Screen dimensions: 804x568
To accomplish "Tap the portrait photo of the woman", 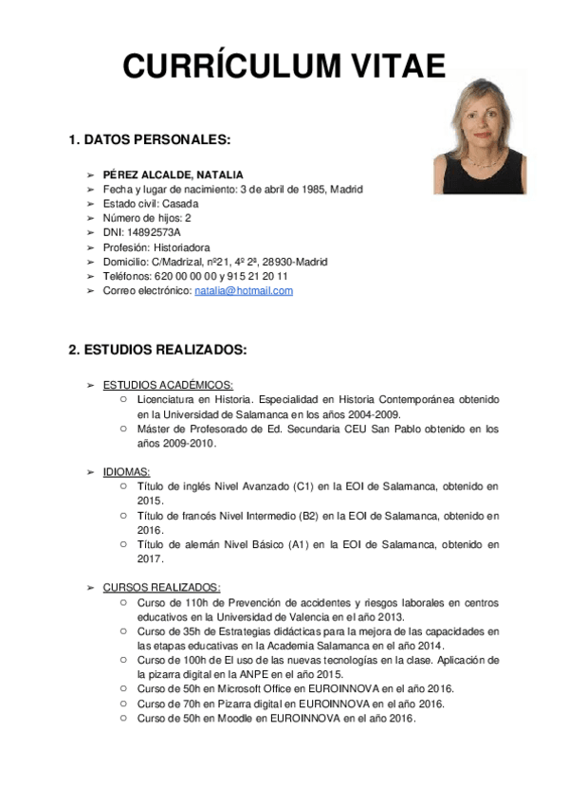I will [479, 136].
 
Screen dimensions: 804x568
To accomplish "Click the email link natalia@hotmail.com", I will [244, 291].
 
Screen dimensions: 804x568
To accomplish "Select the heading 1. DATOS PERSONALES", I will [150, 140].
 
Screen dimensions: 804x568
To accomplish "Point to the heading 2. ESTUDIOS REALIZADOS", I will [157, 350].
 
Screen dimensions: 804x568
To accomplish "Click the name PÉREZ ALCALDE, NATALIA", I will [173, 174].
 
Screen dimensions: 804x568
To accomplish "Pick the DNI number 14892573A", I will [154, 232].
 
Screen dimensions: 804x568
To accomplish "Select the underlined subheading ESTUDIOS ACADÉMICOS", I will [168, 385].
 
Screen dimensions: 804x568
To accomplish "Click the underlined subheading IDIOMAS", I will [126, 471].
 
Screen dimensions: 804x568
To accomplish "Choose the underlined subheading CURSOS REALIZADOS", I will [161, 587].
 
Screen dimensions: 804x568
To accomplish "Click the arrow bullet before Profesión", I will [90, 247].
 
